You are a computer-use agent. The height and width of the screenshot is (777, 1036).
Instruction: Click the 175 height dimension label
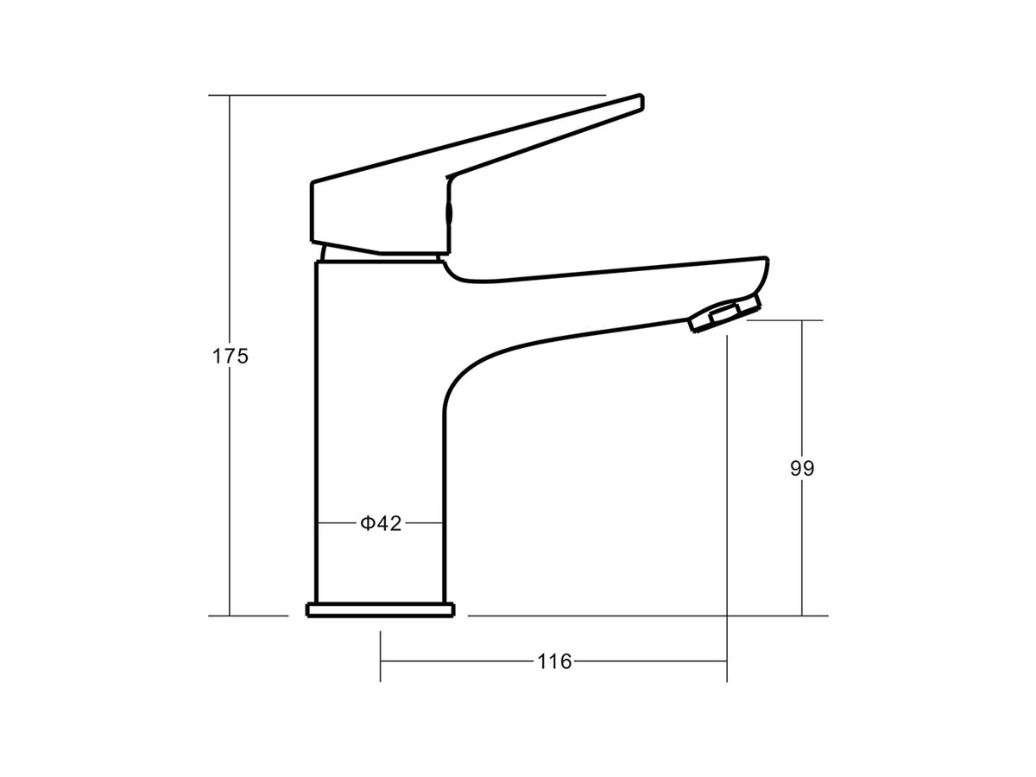(231, 356)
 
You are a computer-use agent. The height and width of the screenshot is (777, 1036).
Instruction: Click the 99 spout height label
(802, 468)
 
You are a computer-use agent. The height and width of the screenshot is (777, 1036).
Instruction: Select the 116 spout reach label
(554, 661)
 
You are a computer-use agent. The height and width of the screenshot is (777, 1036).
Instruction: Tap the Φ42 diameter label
(381, 523)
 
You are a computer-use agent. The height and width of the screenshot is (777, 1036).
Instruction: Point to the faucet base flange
(380, 610)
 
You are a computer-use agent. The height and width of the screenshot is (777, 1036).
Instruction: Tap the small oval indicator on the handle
(447, 212)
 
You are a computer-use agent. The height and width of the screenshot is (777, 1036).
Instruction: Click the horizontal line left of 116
(458, 661)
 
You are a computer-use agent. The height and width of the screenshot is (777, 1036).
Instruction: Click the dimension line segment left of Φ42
(337, 523)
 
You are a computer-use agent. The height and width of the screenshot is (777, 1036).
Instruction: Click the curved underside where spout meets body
(462, 380)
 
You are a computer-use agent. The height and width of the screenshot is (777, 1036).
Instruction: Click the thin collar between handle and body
(380, 255)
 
